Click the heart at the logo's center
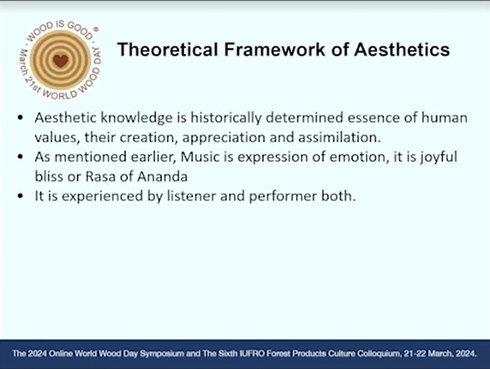60,61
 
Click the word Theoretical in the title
167,49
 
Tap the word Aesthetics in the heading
402,49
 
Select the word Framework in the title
275,49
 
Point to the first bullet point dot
21,118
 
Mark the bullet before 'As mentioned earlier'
21,157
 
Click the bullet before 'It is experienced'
21,196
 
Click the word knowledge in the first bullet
136,118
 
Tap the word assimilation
339,138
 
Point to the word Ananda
162,177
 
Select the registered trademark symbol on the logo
96,29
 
